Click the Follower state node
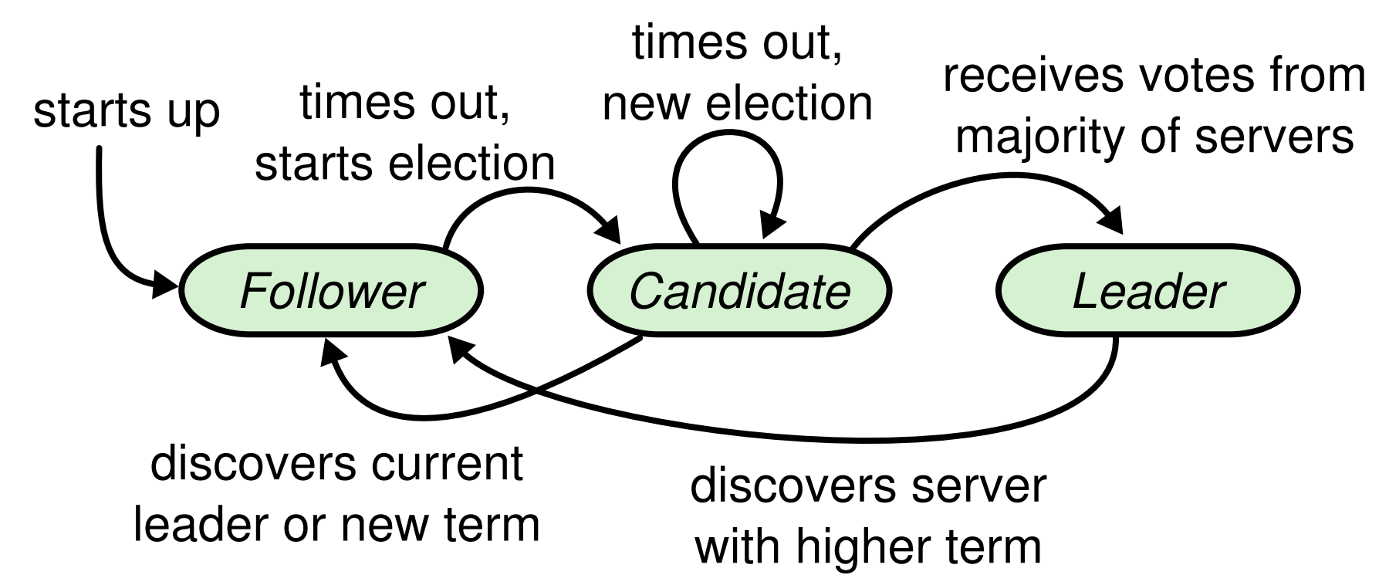[331, 292]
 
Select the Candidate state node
[740, 292]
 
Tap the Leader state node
[1148, 292]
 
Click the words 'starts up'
[127, 113]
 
